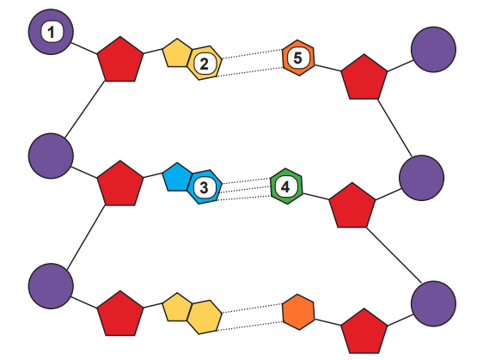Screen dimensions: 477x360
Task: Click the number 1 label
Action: coord(51,32)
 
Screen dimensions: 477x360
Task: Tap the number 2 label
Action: coord(205,64)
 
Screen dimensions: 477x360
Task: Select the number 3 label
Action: coord(205,187)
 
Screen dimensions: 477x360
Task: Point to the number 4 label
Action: coord(285,187)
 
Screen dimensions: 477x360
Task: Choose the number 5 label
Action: coord(298,58)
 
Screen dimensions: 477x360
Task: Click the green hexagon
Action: coord(286,186)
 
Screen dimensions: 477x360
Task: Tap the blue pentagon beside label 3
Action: coord(177,178)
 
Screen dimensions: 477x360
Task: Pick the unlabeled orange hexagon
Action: coord(298,312)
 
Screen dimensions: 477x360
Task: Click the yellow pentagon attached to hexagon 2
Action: coord(177,53)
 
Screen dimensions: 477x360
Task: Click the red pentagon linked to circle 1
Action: coord(120,60)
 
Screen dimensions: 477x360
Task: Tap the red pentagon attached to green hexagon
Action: coord(352,206)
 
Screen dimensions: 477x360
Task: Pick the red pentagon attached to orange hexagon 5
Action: coord(364,77)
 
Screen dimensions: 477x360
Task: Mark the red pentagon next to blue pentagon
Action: coord(120,184)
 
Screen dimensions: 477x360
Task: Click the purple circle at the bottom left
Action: coord(51,286)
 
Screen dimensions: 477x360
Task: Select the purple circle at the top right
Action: coord(433,50)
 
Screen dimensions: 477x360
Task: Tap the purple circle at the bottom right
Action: coord(433,304)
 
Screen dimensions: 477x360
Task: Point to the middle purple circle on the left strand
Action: coord(51,156)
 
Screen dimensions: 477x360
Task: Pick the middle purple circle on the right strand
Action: coord(422,178)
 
